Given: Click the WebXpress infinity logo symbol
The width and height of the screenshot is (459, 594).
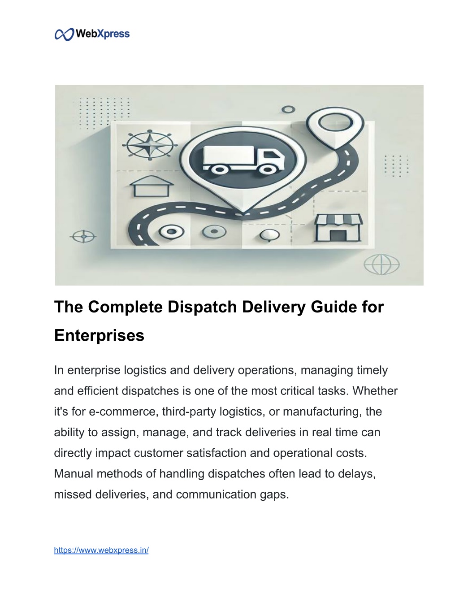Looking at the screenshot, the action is click(x=64, y=35).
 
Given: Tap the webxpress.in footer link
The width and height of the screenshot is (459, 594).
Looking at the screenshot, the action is click(x=101, y=550).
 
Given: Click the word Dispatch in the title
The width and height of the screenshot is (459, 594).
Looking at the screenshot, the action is click(x=202, y=307).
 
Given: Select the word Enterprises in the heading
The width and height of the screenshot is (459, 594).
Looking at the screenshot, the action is click(x=99, y=335).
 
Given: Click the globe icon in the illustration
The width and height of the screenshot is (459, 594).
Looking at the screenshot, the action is click(x=381, y=264).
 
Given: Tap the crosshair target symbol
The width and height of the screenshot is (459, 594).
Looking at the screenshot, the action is click(x=83, y=236).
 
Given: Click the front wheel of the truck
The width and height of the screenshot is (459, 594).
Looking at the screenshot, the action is click(x=268, y=170).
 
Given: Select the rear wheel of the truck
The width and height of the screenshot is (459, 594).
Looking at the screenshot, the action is click(x=219, y=170).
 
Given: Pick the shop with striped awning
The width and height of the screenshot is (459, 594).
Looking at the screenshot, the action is click(x=338, y=228).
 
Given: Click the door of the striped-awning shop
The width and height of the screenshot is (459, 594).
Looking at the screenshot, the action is click(x=338, y=235).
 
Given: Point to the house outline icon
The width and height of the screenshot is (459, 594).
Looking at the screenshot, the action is click(x=152, y=186).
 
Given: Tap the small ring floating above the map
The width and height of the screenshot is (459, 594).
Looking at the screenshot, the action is click(x=288, y=109).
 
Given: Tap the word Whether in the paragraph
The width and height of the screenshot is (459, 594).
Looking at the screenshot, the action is click(x=375, y=390).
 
